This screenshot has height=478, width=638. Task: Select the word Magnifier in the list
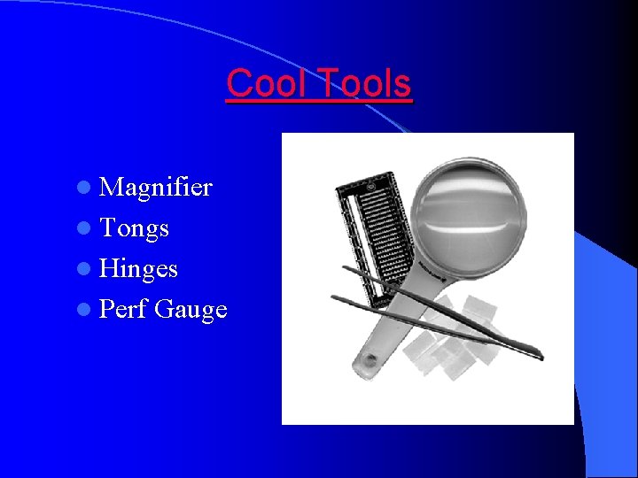coord(156,187)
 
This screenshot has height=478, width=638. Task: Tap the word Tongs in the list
coord(134,228)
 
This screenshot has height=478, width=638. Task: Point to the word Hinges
coord(138,268)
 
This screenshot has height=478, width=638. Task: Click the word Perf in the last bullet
coord(123,309)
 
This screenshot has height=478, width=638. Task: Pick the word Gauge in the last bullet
coord(191,310)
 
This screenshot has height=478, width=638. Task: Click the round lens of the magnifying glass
coord(471,217)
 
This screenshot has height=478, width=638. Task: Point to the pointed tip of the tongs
coord(538,356)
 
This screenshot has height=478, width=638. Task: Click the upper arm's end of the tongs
coord(346,267)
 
